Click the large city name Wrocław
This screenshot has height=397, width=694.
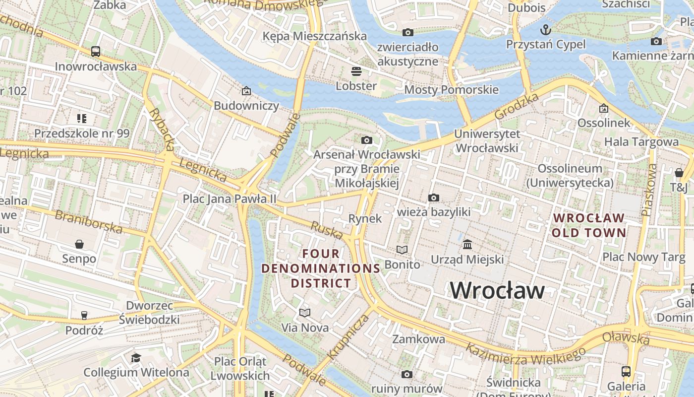pyautogui.click(x=497, y=290)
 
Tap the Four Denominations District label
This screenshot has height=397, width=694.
pyautogui.click(x=321, y=268)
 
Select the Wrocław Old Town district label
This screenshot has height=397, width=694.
pyautogui.click(x=589, y=225)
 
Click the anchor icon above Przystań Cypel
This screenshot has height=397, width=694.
pyautogui.click(x=546, y=29)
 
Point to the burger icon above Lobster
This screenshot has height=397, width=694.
pyautogui.click(x=356, y=71)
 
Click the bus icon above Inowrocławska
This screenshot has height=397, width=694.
pyautogui.click(x=96, y=51)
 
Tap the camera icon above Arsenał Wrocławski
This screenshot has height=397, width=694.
pyautogui.click(x=366, y=140)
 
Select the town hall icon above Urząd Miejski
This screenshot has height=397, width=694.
pyautogui.click(x=467, y=244)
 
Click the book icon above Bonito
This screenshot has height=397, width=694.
pyautogui.click(x=402, y=250)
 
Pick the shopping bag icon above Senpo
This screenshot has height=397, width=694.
pyautogui.click(x=79, y=244)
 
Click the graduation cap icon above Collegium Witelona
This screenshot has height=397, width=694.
pyautogui.click(x=136, y=357)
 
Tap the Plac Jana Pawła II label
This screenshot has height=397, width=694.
pyautogui.click(x=230, y=198)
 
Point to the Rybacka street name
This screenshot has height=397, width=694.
pyautogui.click(x=162, y=130)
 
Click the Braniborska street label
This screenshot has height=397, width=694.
pyautogui.click(x=88, y=222)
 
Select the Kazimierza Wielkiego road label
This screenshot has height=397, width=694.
pyautogui.click(x=526, y=354)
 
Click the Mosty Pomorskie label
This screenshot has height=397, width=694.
pyautogui.click(x=451, y=90)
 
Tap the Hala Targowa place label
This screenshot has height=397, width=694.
pyautogui.click(x=641, y=142)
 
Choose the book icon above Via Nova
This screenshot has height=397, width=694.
pyautogui.click(x=305, y=313)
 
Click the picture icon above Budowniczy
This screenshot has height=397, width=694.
pyautogui.click(x=246, y=91)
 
